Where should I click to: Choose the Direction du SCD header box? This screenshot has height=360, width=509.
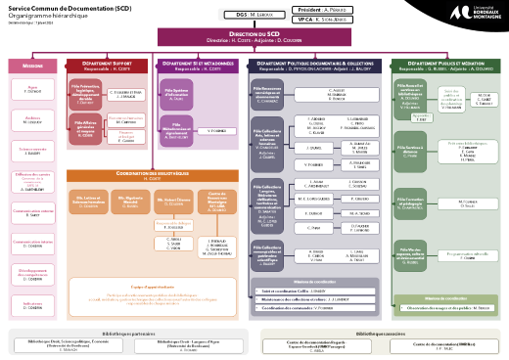coord(254,37)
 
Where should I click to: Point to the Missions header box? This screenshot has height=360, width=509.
coord(32,67)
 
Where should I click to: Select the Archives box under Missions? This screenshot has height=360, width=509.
coord(32,119)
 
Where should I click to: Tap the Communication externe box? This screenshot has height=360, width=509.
coord(32,185)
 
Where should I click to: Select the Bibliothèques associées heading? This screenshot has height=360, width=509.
coord(381,306)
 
